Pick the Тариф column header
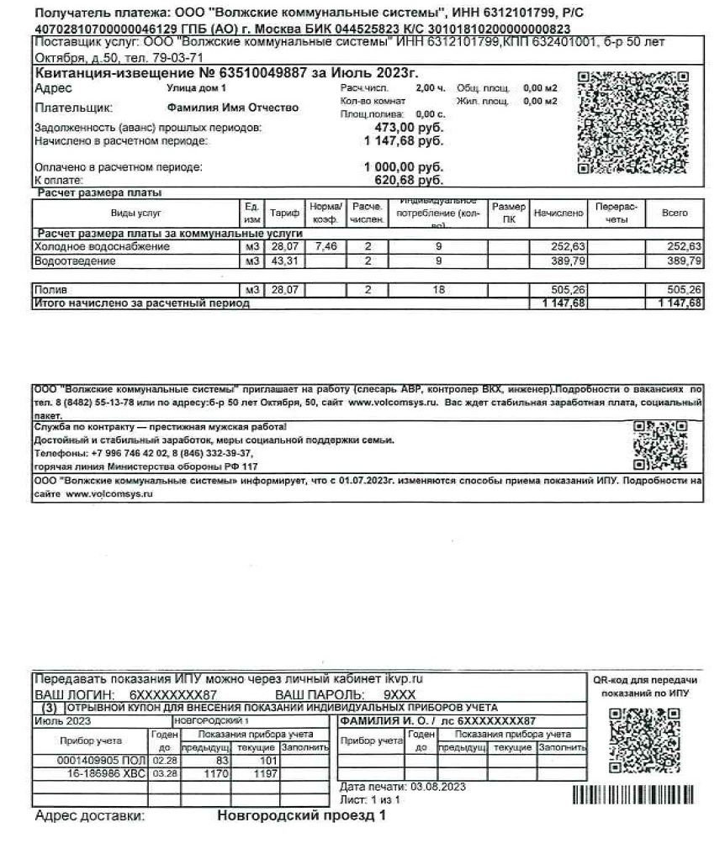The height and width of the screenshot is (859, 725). (278, 213)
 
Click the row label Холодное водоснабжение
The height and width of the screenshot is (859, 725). (102, 247)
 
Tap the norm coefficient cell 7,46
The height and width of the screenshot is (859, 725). (324, 247)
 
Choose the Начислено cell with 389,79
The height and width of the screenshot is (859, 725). (558, 261)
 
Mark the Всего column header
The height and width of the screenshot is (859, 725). (674, 213)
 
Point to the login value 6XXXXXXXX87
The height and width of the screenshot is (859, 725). (173, 696)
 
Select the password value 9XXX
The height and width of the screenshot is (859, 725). (400, 696)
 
